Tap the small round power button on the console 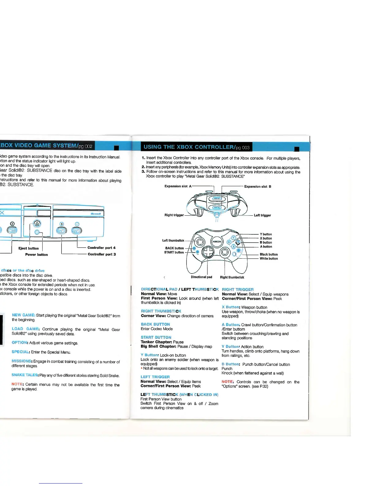37,233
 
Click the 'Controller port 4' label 101,248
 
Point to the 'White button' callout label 269,259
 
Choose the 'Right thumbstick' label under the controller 232,277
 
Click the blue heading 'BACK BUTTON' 155,324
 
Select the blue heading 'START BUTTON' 156,337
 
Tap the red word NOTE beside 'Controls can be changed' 228,382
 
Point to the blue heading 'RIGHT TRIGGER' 238,290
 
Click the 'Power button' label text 36,255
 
